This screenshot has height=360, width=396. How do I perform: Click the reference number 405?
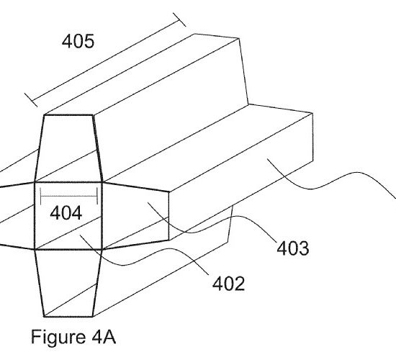[x=78, y=42]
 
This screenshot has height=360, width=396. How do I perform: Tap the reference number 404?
[x=66, y=213]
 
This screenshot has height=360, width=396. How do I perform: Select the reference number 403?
[x=293, y=248]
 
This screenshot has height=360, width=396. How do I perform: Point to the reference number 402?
[x=228, y=284]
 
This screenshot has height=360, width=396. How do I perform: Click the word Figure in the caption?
[x=58, y=338]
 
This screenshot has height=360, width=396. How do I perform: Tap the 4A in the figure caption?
[x=104, y=337]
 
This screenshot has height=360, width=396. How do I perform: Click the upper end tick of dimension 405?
[x=179, y=19]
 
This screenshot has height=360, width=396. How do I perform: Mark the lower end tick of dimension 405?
[x=31, y=100]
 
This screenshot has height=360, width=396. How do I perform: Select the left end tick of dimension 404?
[x=40, y=196]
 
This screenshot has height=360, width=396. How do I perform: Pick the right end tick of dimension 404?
[x=97, y=196]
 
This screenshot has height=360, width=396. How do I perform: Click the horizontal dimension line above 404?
[x=69, y=196]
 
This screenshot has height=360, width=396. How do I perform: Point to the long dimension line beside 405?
[x=105, y=60]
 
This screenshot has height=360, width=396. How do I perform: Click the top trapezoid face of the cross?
[x=68, y=148]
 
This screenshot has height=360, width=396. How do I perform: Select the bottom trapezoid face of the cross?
[x=68, y=283]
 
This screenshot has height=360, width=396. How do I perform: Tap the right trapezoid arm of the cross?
[x=135, y=216]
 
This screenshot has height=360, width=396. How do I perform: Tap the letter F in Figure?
[x=36, y=337]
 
